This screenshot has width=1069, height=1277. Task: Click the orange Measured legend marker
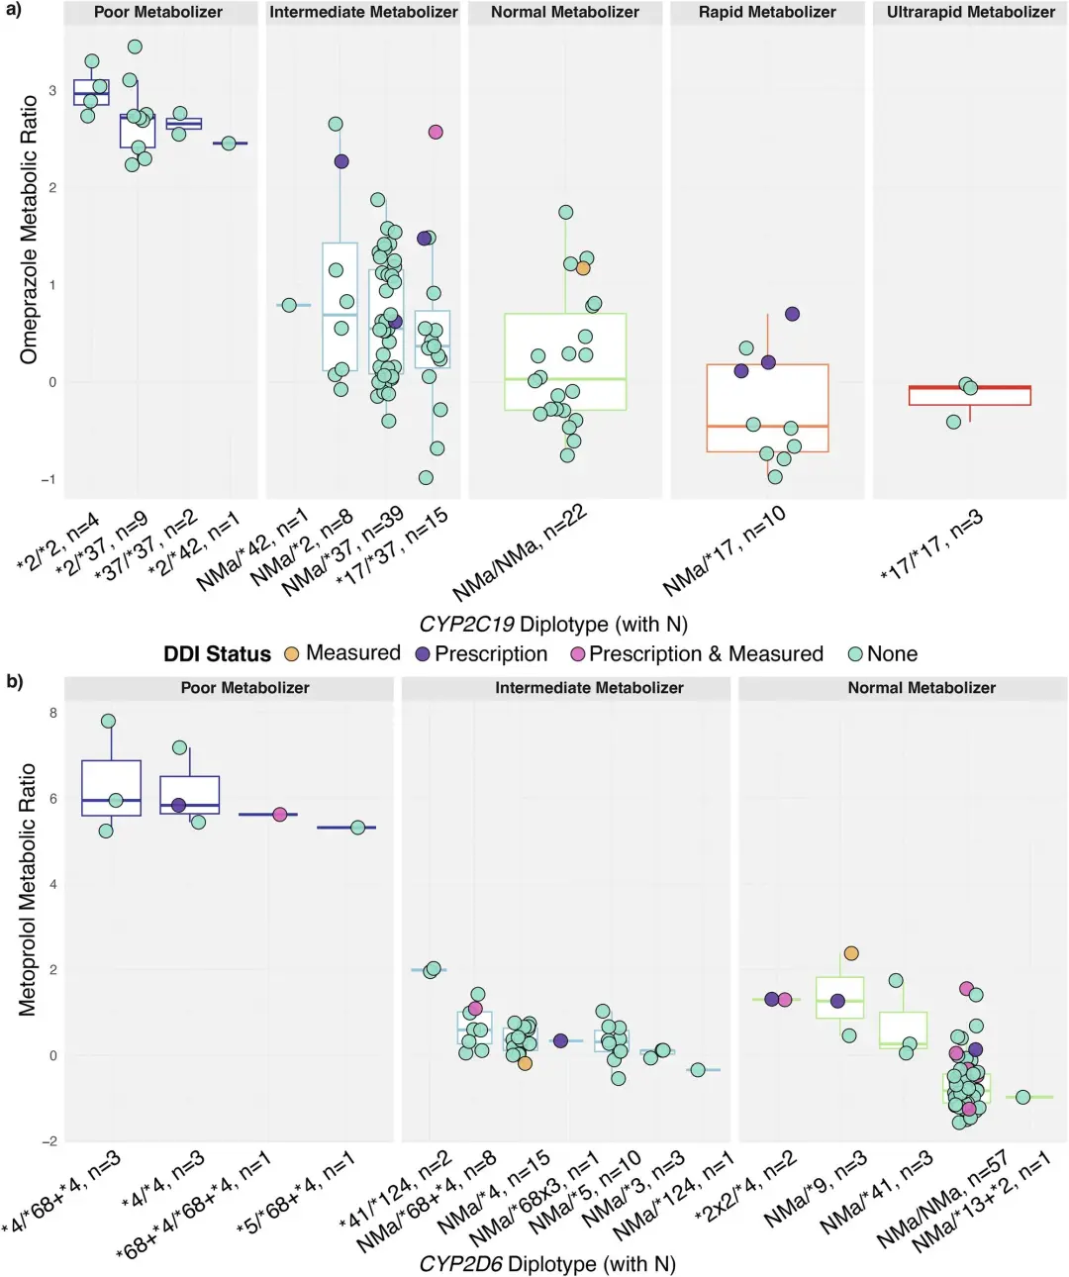tap(291, 654)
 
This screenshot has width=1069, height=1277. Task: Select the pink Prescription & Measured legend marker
tap(578, 654)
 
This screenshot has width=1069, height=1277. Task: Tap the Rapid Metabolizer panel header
tap(767, 13)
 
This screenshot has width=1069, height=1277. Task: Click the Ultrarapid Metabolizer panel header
tap(970, 13)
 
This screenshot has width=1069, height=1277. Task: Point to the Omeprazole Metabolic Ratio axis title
tap(28, 230)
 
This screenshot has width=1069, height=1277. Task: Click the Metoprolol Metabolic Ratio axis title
tap(28, 889)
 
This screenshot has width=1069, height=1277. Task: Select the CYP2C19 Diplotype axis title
tap(552, 625)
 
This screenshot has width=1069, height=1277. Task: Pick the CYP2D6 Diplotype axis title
tap(546, 1264)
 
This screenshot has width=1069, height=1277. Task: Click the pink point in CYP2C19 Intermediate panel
tap(436, 132)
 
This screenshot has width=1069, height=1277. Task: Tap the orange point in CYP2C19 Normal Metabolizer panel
tap(583, 268)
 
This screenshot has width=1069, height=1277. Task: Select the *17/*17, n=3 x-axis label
tap(930, 546)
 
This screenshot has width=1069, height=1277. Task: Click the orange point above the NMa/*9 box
tap(851, 953)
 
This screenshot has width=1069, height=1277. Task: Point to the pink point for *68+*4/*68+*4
tap(280, 814)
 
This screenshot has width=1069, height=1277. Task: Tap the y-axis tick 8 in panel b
tap(52, 713)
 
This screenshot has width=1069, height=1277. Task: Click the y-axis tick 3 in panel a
tap(52, 91)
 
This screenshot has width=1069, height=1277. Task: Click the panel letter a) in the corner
tap(14, 10)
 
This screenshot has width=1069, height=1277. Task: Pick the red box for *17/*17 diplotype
tap(970, 396)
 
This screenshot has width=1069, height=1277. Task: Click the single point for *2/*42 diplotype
tap(230, 144)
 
